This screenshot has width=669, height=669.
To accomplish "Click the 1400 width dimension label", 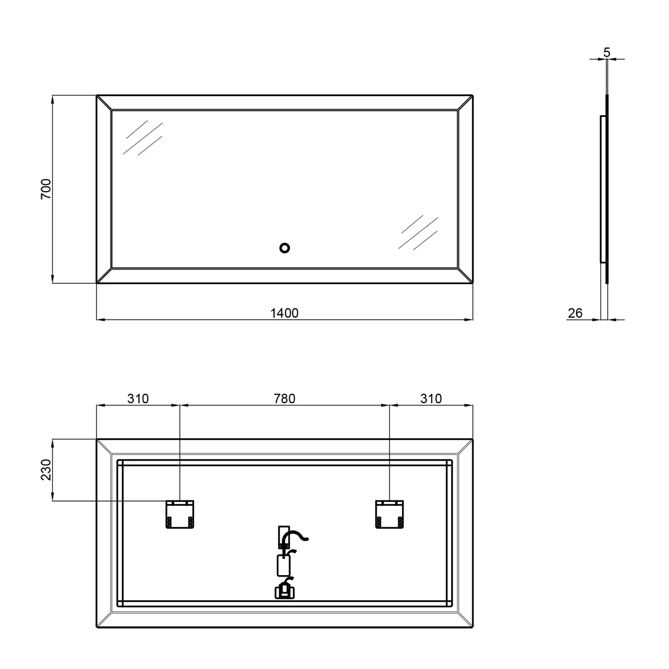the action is point(284,313).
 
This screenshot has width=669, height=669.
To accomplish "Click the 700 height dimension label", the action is point(46,189).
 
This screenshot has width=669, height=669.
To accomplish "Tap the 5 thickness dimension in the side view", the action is point(607,52).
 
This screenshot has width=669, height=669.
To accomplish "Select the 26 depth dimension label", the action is point(575,313).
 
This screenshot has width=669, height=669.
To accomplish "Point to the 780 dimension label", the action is point(285,399).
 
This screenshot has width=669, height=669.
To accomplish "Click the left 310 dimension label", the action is point(138,399).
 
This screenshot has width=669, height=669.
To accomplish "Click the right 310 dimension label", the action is point(431,399).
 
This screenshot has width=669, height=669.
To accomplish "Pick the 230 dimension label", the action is point(46,470).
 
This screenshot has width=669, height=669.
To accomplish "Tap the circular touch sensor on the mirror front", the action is point(285,248).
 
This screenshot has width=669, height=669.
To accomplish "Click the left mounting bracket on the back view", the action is point(180,514).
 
